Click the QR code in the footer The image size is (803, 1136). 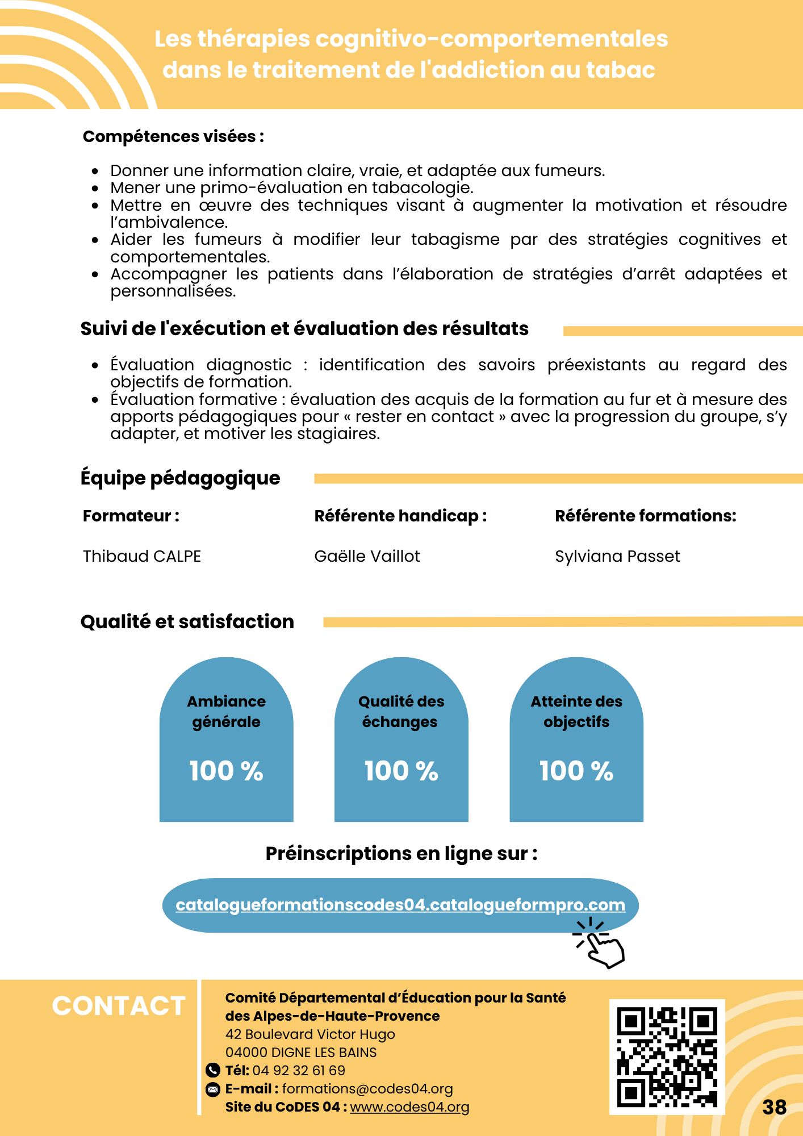(x=667, y=1056)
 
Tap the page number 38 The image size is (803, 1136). (x=774, y=1107)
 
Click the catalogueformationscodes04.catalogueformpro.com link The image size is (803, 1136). (x=400, y=905)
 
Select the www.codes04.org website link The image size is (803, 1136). (x=409, y=1107)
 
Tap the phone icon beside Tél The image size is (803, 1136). (x=212, y=1071)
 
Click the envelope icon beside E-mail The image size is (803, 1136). (x=212, y=1089)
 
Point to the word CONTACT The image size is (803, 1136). (x=119, y=1006)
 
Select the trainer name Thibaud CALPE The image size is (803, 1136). (x=142, y=556)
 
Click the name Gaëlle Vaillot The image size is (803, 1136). (x=367, y=556)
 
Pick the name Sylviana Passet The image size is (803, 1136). (x=617, y=556)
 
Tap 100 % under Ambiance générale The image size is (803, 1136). (x=226, y=771)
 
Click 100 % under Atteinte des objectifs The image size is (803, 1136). (x=576, y=771)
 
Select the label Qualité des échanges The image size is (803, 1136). (x=401, y=711)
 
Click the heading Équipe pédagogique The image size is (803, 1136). (x=180, y=478)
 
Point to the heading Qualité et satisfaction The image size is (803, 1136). (x=187, y=621)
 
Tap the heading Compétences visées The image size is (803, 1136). (x=173, y=136)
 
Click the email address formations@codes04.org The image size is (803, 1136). (x=367, y=1089)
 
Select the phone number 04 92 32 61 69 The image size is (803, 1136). (x=299, y=1071)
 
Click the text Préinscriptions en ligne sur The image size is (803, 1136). (x=401, y=854)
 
